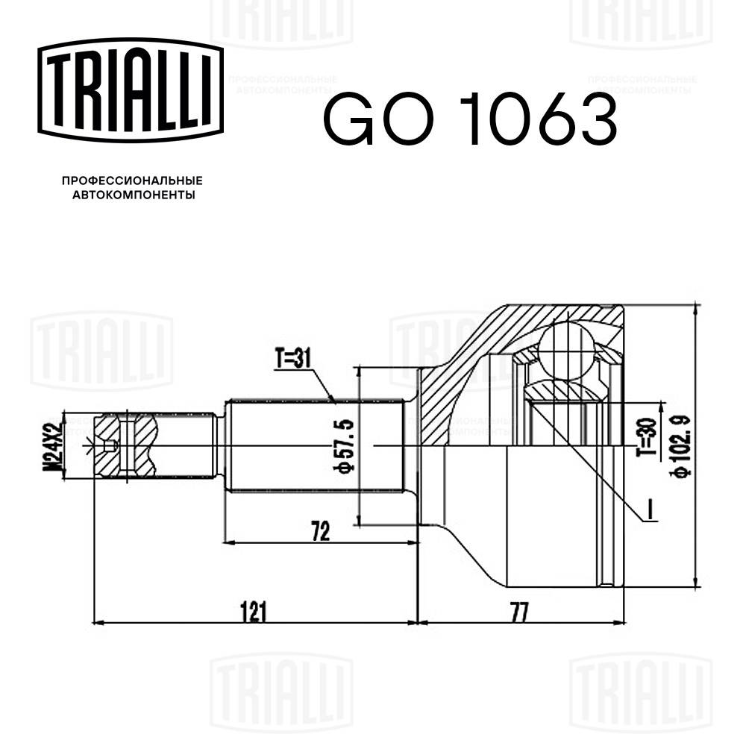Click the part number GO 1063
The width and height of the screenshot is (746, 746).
point(469,119)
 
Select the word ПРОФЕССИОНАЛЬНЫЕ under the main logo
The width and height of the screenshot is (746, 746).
point(131,181)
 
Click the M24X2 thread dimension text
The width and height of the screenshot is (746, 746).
point(51,445)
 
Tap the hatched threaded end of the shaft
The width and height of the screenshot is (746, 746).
point(127,445)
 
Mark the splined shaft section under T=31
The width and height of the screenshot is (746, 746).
point(313,445)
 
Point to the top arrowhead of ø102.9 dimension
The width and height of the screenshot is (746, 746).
point(695,308)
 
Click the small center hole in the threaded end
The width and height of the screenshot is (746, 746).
point(110,447)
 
